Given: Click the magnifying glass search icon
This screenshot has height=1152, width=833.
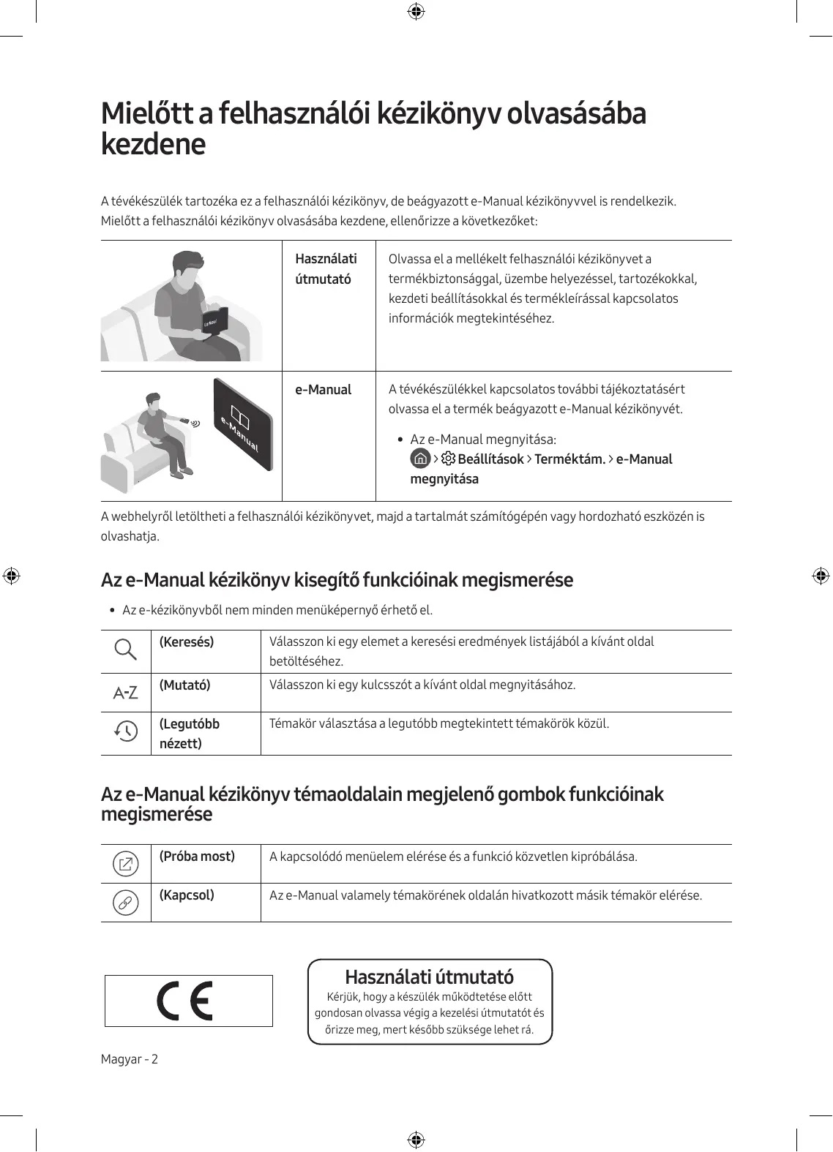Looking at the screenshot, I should (x=126, y=650).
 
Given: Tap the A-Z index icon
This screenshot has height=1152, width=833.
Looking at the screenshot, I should (x=126, y=692).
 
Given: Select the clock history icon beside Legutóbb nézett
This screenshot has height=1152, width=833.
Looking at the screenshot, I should (x=126, y=731).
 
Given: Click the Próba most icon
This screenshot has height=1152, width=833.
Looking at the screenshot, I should (x=126, y=865).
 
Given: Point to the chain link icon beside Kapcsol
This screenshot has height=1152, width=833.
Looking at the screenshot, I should (x=126, y=903).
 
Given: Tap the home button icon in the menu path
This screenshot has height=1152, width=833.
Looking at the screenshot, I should (x=420, y=459).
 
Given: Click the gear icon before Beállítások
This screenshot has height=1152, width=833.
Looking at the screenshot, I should (x=448, y=459).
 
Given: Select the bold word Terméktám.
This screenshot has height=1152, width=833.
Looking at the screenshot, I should (x=569, y=459).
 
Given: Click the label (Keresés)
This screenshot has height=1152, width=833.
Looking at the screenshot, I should (x=187, y=642).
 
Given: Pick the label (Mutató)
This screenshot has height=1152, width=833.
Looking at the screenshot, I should (x=185, y=685).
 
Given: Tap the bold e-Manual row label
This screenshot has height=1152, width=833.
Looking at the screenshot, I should (x=323, y=390).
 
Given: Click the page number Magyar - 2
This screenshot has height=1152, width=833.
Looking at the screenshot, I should (x=130, y=1059).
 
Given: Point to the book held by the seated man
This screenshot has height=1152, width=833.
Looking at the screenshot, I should (x=214, y=322).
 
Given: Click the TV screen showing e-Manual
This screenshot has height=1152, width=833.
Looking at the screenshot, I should (x=243, y=425).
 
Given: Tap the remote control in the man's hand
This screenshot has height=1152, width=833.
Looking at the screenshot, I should (x=187, y=421).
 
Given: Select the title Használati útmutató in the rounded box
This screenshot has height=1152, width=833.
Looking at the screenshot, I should (x=429, y=977).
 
